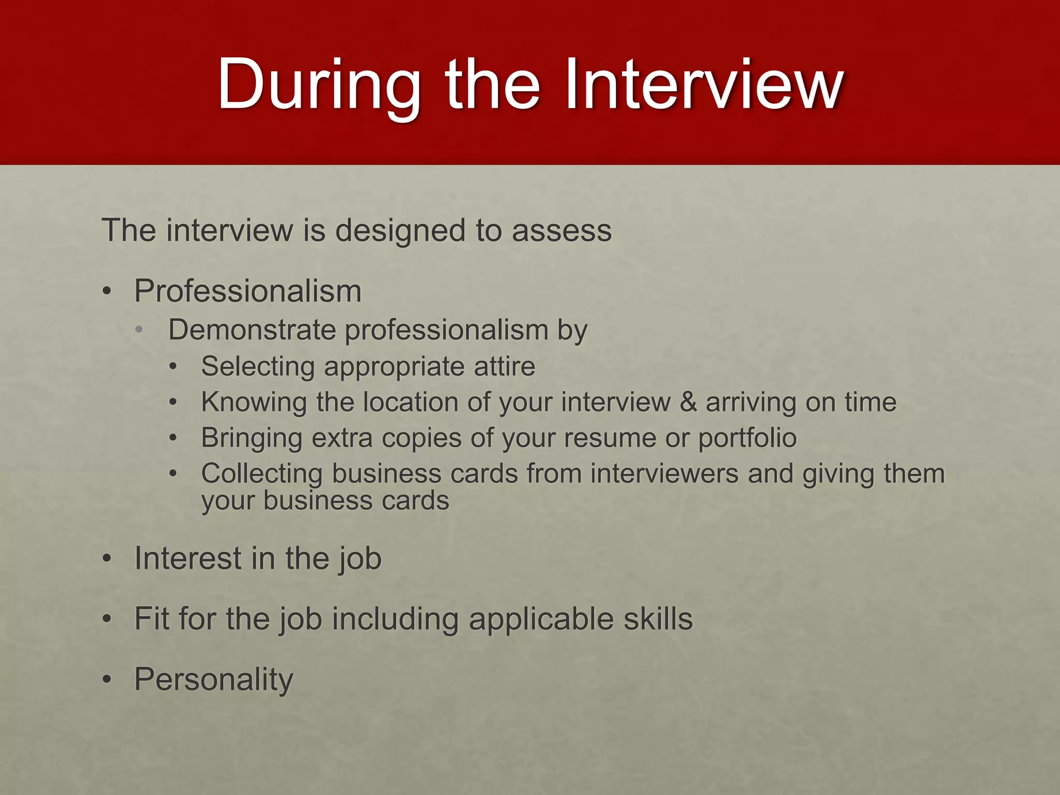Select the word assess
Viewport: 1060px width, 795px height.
tap(562, 230)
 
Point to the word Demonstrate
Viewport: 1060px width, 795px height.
tap(252, 330)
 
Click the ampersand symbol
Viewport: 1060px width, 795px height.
tap(688, 402)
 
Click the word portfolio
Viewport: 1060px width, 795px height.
tap(747, 438)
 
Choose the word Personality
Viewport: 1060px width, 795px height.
tap(213, 680)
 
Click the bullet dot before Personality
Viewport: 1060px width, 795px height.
tap(107, 680)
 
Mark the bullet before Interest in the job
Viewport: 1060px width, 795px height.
tap(107, 559)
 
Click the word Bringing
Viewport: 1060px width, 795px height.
tap(252, 438)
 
